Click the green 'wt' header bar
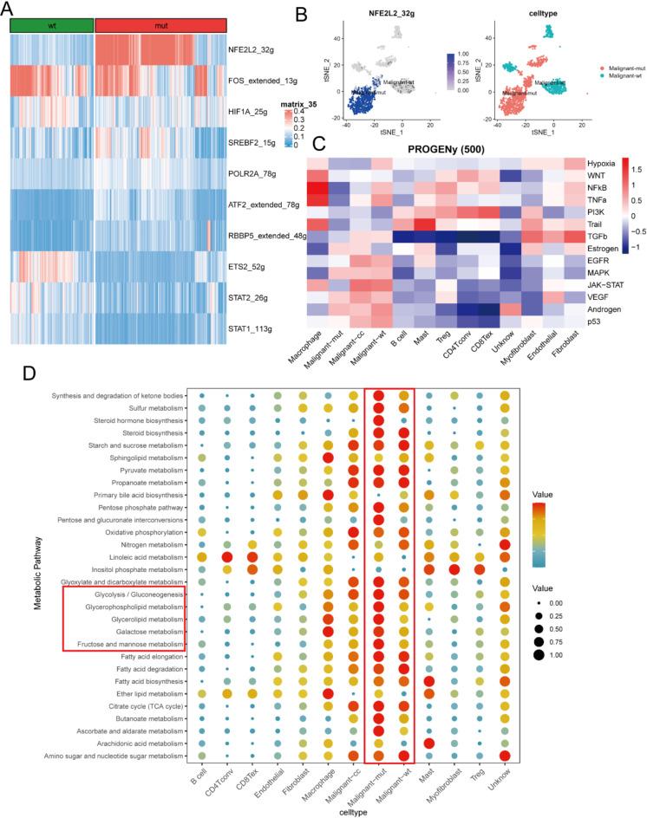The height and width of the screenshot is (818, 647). (50, 26)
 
